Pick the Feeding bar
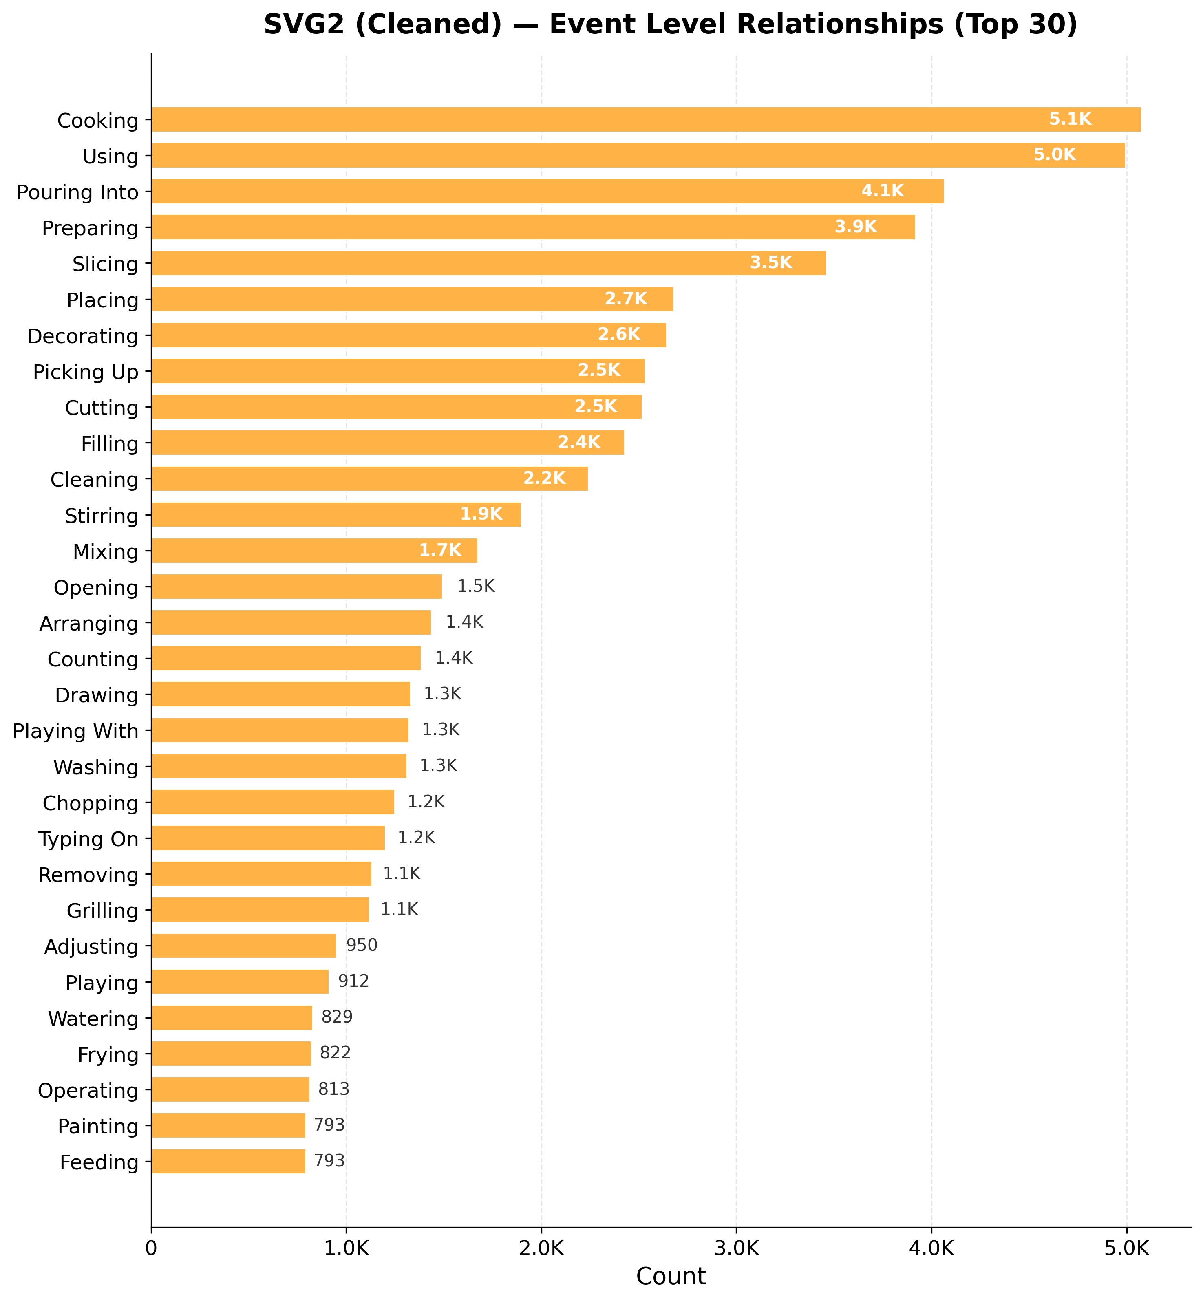point(228,1161)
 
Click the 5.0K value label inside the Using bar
point(1055,155)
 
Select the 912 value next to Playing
point(353,981)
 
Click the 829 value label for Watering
point(337,1017)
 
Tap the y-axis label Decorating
point(83,337)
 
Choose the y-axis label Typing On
point(88,839)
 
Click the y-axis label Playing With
point(75,732)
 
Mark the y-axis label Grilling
point(102,911)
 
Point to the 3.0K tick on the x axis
point(736,1249)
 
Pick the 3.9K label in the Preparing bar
point(856,227)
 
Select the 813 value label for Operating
point(333,1089)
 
